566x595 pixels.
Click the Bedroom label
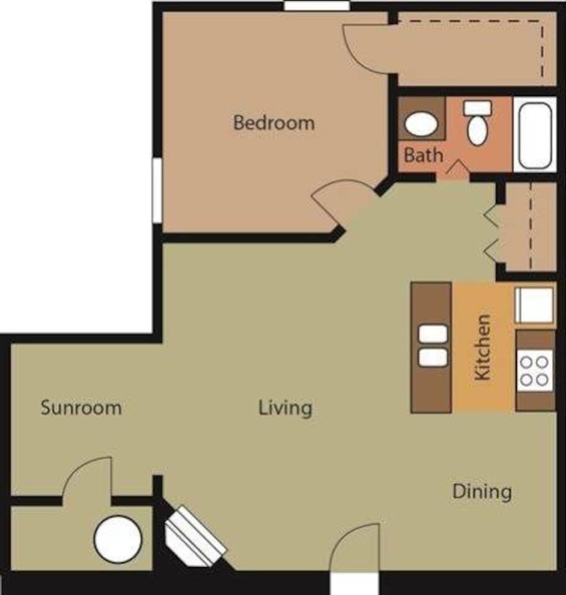point(274,122)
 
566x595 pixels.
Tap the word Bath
point(424,154)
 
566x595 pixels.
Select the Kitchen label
point(482,347)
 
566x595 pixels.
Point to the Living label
point(285,408)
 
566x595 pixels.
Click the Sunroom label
point(81,408)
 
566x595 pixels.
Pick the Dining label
point(482,491)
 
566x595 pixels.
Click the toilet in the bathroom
point(477,125)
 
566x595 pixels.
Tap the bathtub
point(535,134)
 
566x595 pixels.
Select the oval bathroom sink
point(421,124)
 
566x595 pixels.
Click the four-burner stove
point(534,370)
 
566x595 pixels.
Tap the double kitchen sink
point(433,346)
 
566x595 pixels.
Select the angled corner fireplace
point(195,536)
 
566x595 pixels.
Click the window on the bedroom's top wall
point(317,6)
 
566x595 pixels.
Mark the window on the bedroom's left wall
point(157,190)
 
